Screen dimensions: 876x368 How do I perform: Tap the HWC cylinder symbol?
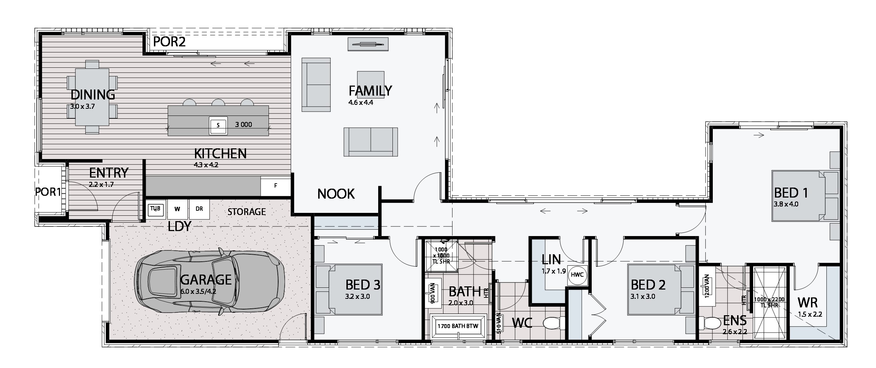coord(577,275)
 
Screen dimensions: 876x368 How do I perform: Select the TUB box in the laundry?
coord(156,209)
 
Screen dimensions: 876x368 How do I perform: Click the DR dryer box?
coord(199,209)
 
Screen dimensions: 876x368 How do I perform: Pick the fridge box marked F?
coord(276,186)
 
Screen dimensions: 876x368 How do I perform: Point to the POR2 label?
coord(169,42)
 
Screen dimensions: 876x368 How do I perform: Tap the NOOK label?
coord(336,194)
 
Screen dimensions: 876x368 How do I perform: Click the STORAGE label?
coord(247,212)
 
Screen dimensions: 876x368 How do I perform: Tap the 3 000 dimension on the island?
coord(244,125)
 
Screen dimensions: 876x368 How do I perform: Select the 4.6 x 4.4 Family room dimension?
coord(361,103)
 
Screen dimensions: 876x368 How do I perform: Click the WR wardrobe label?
coord(807,303)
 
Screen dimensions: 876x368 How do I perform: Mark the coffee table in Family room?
coord(371,85)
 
